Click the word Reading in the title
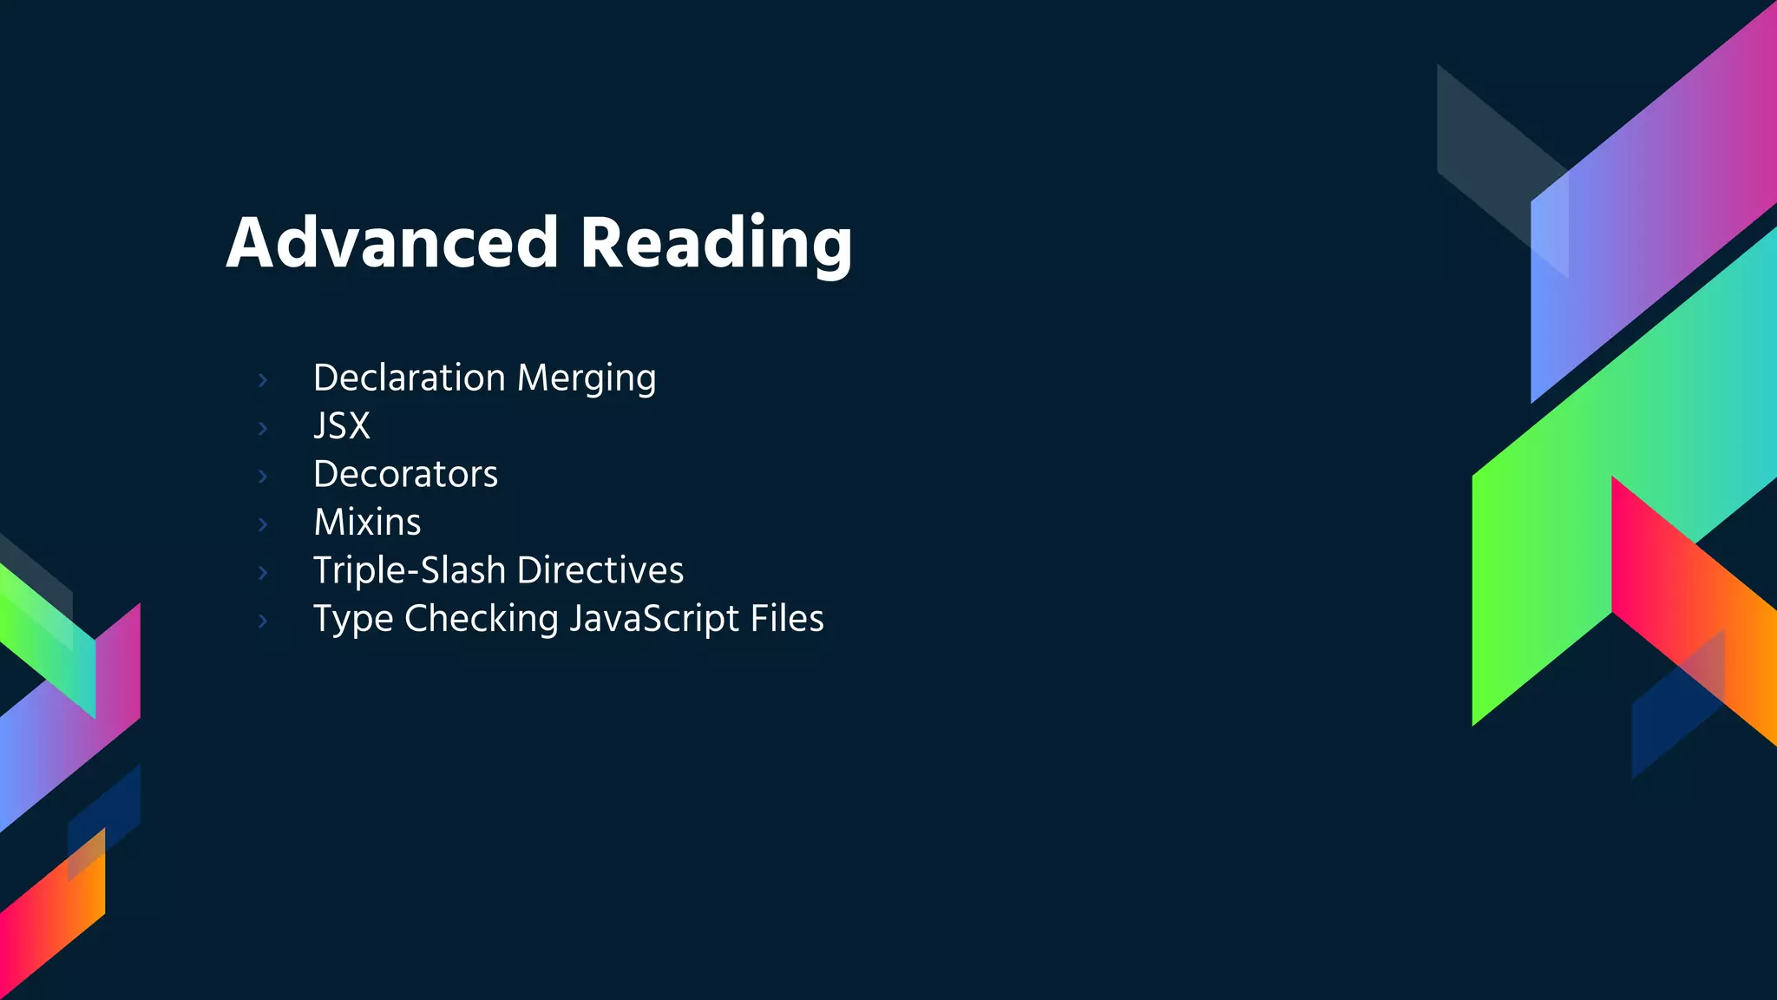coord(716,244)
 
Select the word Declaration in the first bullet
coord(409,378)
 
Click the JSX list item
coord(342,426)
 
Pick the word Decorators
coord(405,474)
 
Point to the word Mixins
coord(367,523)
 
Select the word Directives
coord(600,570)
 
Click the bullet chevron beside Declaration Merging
coord(263,379)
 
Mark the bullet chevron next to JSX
coord(263,428)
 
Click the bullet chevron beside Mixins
coord(263,524)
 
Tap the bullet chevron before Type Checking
coord(263,621)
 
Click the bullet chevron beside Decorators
coord(263,476)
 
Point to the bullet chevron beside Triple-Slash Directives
coord(263,572)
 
